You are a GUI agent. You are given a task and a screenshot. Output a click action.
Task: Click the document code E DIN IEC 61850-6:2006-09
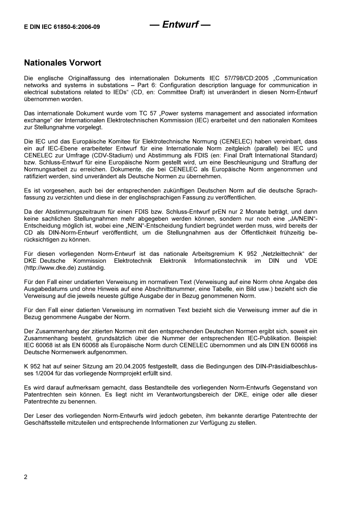[62, 27]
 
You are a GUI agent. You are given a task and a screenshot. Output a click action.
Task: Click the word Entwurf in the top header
[180, 25]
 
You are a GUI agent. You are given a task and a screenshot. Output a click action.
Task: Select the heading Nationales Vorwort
[63, 63]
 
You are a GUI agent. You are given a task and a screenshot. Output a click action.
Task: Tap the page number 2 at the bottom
[26, 477]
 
